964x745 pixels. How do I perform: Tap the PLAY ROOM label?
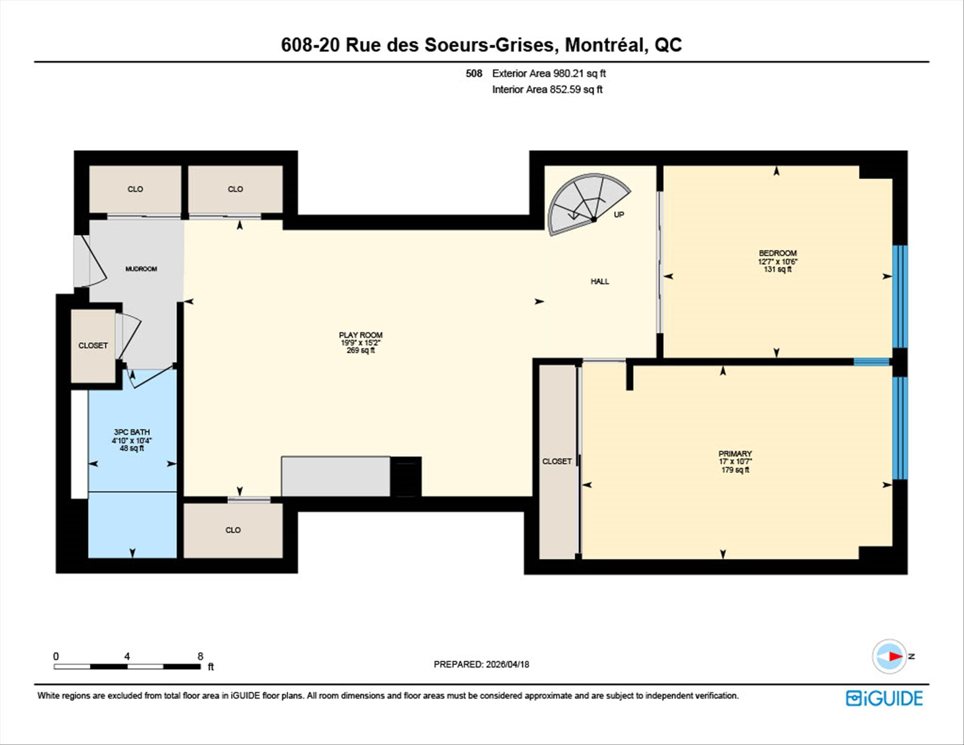coord(360,335)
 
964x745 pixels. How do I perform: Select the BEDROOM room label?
coord(778,253)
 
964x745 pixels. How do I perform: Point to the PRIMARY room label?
coord(735,454)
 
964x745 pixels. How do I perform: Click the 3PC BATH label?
coord(132,432)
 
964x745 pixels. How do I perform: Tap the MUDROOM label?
coord(141,269)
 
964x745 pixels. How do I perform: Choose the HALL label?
coord(599,281)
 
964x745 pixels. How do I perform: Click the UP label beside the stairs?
coord(619,215)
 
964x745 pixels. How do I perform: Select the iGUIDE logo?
coord(884,698)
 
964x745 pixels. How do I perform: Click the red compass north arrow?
coord(896,656)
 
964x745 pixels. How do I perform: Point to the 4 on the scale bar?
coord(127,656)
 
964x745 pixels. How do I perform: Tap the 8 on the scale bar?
coord(200,656)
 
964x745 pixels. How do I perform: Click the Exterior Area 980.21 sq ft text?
coord(549,73)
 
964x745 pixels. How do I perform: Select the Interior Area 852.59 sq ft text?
coord(547,89)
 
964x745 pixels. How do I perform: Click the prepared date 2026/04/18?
coord(507,664)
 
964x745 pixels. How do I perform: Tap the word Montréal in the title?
coord(604,45)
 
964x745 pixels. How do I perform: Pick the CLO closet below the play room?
coord(233,530)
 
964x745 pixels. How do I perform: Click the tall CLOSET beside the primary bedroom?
coord(557,461)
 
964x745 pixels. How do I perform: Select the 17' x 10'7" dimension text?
coord(735,462)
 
